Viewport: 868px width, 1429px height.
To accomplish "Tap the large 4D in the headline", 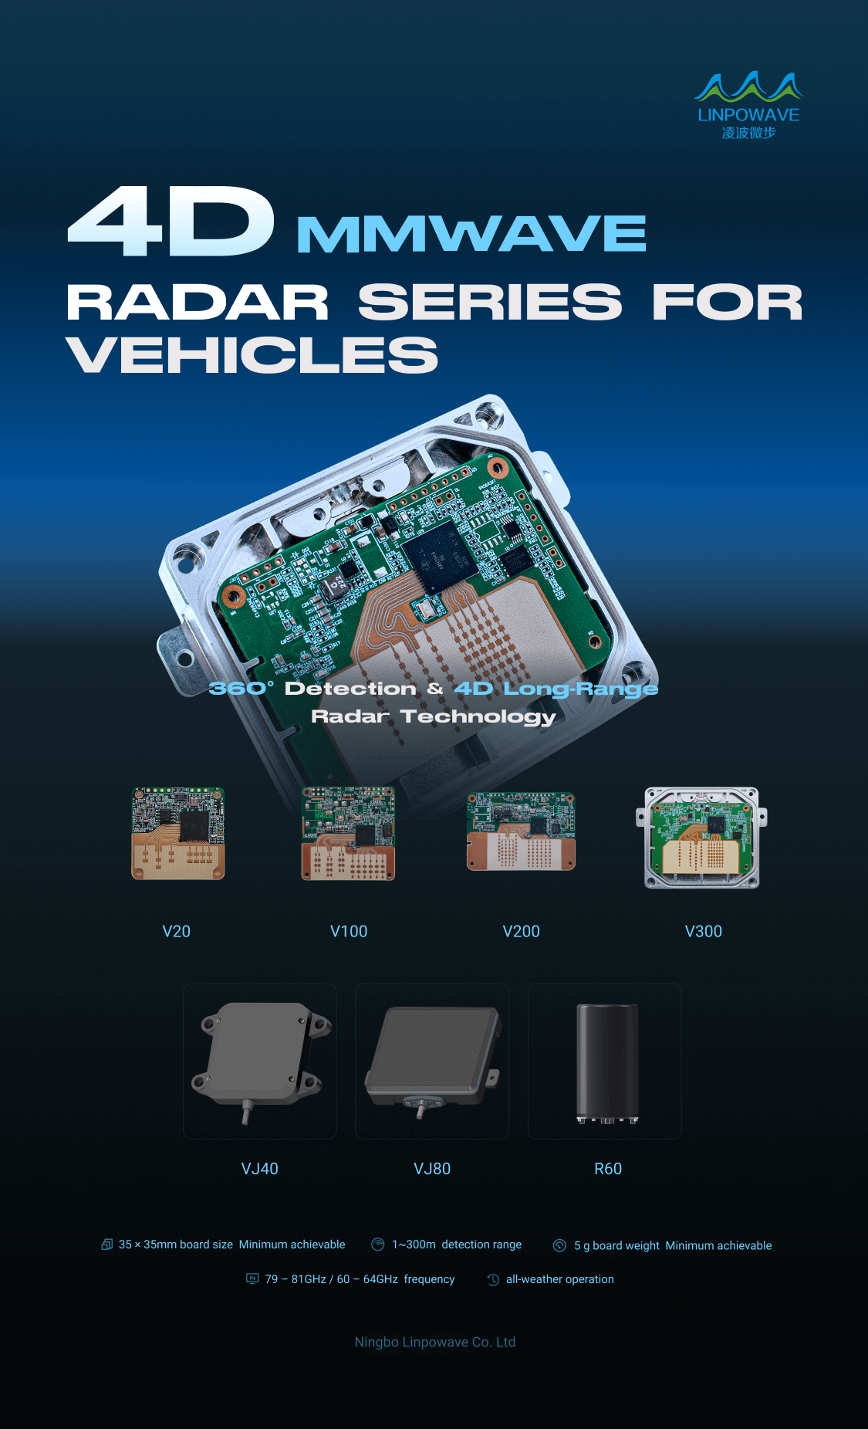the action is point(171,222).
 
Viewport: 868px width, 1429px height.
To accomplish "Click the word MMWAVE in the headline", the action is point(471,234).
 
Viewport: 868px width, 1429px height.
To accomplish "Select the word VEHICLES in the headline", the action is point(252,355).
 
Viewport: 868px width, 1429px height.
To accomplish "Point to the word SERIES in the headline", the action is point(490,302).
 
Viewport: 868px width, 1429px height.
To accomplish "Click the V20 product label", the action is point(176,931).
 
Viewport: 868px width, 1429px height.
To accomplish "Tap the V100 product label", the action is point(349,931).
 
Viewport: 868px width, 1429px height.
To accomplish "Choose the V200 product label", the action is point(521,931).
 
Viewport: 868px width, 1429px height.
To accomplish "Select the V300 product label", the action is point(704,931).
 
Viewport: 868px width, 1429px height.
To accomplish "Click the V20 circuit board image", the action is point(178,834).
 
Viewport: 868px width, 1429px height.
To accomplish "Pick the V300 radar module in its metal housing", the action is point(701,838).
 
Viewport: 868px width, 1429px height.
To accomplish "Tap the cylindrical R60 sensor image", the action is point(608,1064).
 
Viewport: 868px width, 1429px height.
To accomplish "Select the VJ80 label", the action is point(432,1169).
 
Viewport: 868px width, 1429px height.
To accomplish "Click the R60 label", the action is point(608,1169).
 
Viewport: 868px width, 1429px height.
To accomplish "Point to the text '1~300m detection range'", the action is point(457,1244).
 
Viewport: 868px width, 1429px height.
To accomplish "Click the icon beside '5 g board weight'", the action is point(560,1245).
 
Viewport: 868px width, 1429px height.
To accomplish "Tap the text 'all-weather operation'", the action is point(560,1279).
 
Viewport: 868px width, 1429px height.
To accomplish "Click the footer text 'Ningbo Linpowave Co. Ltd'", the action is point(435,1342).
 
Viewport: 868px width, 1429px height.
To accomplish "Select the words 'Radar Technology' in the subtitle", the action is point(434,717).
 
